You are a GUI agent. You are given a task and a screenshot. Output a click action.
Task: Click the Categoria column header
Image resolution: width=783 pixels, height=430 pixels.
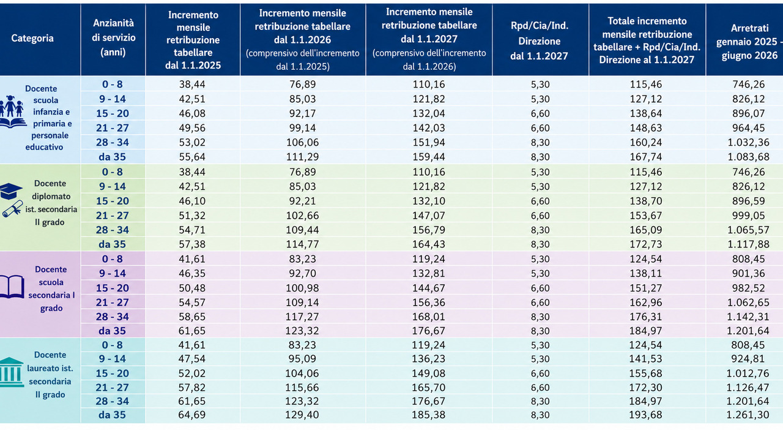pos(32,38)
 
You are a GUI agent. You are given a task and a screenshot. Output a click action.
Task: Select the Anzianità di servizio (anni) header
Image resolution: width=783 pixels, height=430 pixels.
pos(113,38)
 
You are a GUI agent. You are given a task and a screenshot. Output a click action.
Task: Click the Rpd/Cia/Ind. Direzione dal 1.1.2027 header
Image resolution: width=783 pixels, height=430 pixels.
pos(539,41)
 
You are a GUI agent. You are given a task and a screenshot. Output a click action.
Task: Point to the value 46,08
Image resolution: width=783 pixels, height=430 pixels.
pos(192,113)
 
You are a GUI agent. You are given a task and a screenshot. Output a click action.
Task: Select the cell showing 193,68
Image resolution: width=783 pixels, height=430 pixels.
pos(645,415)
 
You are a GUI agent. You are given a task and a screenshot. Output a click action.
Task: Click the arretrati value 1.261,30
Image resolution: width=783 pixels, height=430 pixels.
pos(748,415)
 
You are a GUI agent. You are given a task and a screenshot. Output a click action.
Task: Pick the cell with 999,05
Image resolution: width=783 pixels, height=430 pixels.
pos(748,216)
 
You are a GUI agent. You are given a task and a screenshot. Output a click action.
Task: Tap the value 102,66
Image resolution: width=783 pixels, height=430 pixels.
pos(302,216)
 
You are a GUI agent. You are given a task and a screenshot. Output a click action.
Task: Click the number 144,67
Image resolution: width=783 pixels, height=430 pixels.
pos(429,288)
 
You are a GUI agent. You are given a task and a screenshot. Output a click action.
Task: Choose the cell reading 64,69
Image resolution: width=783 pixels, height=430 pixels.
pos(192,415)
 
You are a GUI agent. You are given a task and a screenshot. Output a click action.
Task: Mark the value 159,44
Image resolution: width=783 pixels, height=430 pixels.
pos(429,157)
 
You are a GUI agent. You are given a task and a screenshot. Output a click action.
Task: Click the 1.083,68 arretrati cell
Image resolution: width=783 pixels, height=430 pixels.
pos(748,157)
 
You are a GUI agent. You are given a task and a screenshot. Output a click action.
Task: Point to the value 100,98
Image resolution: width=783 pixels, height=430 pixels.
pos(302,288)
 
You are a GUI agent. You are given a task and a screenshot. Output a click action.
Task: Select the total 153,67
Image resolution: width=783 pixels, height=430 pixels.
pos(645,216)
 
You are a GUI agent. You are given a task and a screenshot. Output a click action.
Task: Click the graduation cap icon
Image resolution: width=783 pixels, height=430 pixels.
pos(10,191)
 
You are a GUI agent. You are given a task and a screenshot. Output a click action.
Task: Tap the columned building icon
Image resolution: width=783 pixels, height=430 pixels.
pos(11,372)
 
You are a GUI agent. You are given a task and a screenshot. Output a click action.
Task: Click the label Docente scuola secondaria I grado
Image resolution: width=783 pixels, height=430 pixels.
pos(51,289)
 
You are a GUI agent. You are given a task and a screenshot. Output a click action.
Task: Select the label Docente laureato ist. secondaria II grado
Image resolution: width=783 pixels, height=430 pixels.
pos(50,375)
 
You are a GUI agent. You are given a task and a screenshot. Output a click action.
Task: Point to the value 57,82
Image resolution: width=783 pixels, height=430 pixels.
pos(192,387)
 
